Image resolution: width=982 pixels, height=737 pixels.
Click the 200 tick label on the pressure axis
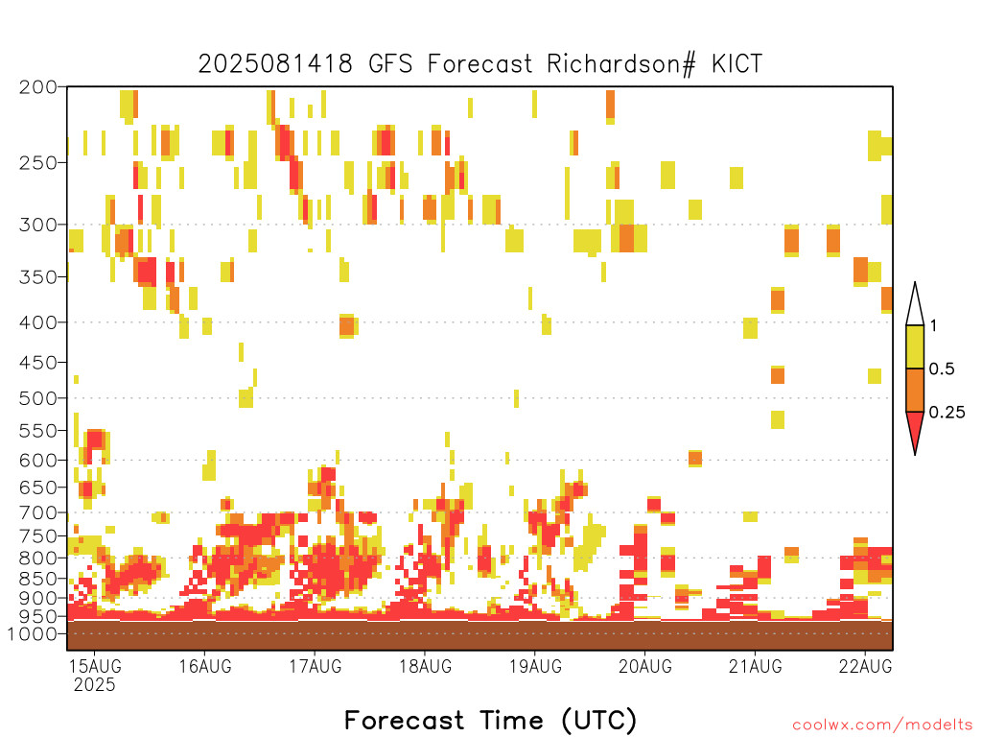click(x=38, y=87)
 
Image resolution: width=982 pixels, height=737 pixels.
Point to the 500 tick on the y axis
click(x=38, y=398)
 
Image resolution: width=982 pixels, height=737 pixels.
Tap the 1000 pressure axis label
click(x=33, y=633)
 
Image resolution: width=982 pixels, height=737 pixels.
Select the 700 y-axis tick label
click(x=38, y=512)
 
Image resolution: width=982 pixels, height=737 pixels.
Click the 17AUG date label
click(x=315, y=666)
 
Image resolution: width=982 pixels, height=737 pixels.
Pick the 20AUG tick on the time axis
click(x=645, y=666)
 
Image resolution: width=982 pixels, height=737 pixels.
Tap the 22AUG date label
click(x=866, y=666)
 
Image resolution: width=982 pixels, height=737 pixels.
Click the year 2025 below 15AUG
click(x=95, y=684)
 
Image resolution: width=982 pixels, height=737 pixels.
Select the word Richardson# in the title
click(x=621, y=64)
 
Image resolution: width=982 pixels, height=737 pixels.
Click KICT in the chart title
click(x=737, y=64)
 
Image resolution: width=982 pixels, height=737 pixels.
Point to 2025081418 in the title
click(x=275, y=64)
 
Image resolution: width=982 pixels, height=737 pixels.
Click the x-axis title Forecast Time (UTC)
click(x=490, y=721)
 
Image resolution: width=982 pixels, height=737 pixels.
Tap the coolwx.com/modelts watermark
click(x=883, y=725)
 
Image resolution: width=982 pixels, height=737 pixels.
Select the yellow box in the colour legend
click(x=915, y=346)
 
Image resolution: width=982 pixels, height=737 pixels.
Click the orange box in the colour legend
click(x=915, y=390)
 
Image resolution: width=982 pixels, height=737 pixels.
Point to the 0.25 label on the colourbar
click(x=947, y=413)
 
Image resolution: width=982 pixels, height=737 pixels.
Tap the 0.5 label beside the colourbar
click(x=942, y=369)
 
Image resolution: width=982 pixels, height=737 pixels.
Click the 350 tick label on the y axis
click(x=38, y=277)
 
